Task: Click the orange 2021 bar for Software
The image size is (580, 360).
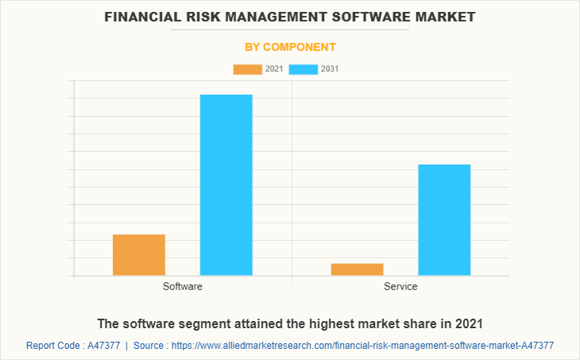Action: coord(139,255)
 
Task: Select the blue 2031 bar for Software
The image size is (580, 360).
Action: coord(226,185)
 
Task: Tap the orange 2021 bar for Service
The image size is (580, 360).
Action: coord(357,269)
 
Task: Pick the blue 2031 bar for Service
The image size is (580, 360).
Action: coord(444,220)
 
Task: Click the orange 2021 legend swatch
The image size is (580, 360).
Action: coord(247,69)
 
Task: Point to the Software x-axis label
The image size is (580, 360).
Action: coord(183,286)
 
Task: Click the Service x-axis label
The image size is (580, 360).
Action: coord(400,286)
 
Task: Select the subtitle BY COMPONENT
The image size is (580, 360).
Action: coord(289,47)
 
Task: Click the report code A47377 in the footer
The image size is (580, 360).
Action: coord(102,346)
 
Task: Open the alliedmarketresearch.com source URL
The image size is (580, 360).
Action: coord(362,346)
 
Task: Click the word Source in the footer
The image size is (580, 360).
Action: coord(149,346)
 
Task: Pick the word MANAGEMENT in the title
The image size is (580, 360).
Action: coord(274,16)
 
